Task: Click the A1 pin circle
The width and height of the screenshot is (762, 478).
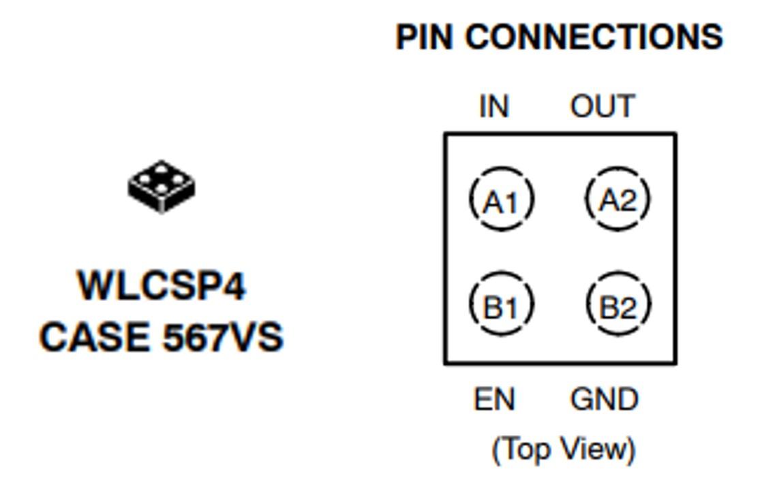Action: point(502,200)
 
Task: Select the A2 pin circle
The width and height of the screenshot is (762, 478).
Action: point(618,200)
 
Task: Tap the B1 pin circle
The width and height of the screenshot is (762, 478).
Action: point(502,306)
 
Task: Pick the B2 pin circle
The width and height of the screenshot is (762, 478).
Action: point(618,306)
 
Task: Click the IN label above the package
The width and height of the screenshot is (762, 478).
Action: point(494,107)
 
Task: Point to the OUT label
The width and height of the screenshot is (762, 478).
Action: point(603,107)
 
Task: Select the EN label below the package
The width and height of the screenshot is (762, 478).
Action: point(495,400)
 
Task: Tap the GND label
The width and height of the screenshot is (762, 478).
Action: point(605,400)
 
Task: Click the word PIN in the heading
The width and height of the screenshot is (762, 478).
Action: point(425,37)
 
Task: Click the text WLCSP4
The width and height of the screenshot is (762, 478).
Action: point(162,286)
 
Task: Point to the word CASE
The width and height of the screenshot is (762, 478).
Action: point(95,337)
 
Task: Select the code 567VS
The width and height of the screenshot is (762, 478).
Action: point(223,337)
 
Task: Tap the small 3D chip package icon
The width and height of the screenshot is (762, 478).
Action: point(162,186)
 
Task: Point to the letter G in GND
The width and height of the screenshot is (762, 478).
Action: point(581,400)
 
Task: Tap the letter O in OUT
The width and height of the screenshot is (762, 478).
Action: point(581,107)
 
